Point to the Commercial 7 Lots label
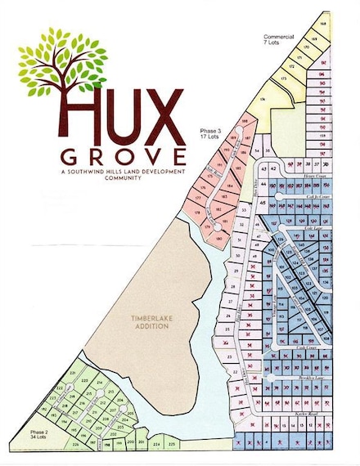coord(279,40)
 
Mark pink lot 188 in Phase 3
coord(243,121)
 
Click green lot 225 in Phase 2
coord(171,443)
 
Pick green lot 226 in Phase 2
coord(76,445)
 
